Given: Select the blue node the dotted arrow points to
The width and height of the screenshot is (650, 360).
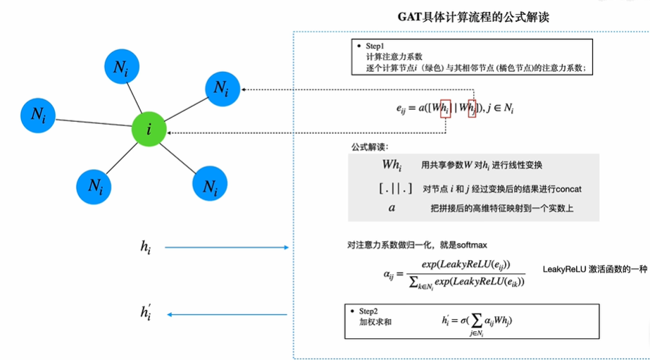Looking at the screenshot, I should pyautogui.click(x=221, y=89).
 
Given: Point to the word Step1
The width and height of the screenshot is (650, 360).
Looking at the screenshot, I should pyautogui.click(x=376, y=46).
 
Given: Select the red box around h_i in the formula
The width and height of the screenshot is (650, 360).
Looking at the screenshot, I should pyautogui.click(x=445, y=108).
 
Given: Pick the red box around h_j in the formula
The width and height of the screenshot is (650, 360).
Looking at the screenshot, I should pyautogui.click(x=475, y=108).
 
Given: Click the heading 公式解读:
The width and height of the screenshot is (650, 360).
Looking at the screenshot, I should pyautogui.click(x=369, y=147).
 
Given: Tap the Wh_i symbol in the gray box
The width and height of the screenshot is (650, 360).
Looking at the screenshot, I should pyautogui.click(x=391, y=165).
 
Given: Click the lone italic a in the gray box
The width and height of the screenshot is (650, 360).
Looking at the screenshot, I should pyautogui.click(x=392, y=208).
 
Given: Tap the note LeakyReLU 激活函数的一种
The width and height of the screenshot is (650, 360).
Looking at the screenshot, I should pyautogui.click(x=594, y=270).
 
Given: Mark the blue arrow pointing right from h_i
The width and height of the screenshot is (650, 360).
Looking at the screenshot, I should pyautogui.click(x=227, y=247).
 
